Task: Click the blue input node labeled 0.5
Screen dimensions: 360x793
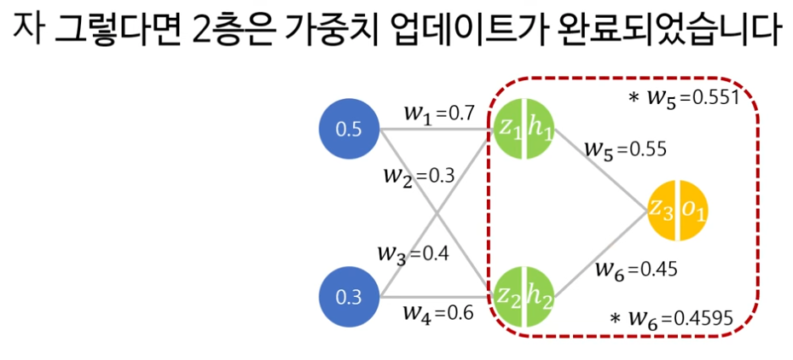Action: [x=348, y=131]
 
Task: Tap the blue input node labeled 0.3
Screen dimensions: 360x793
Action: [x=348, y=298]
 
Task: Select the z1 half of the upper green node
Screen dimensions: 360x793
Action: [x=509, y=130]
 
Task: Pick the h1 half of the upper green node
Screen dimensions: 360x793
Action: [x=539, y=130]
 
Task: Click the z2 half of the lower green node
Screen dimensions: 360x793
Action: [x=509, y=296]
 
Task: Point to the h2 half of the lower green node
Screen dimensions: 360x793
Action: [x=539, y=296]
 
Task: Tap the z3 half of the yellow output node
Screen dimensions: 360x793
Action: [x=663, y=210]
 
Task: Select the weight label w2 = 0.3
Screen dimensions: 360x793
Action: [x=419, y=176]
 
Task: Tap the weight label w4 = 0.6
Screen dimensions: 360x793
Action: [x=437, y=312]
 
